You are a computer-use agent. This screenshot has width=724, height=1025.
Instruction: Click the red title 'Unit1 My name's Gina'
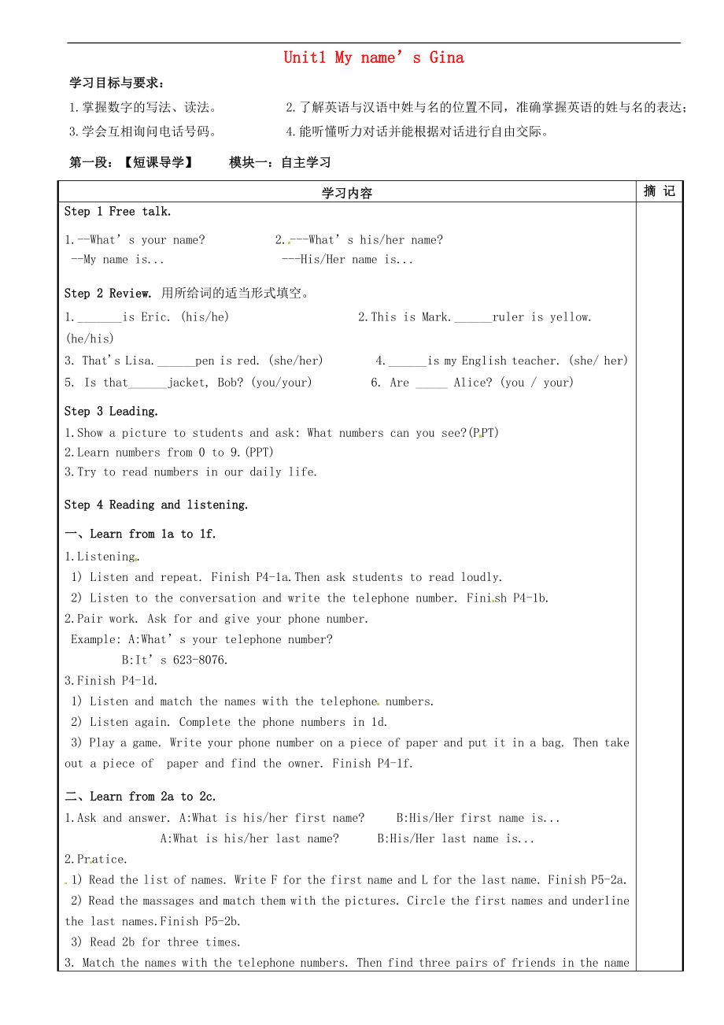[374, 57]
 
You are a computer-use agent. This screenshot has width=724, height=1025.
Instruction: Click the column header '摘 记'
[659, 191]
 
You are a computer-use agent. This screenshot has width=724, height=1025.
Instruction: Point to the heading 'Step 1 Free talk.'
[118, 211]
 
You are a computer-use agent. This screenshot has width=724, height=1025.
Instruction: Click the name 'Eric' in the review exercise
[154, 317]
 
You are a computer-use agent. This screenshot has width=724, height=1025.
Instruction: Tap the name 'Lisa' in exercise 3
[140, 361]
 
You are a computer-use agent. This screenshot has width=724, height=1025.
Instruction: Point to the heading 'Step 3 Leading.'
[111, 411]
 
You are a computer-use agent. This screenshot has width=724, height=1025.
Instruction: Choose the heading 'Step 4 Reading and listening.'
[157, 505]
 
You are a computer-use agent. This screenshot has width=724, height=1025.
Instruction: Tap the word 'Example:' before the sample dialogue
[96, 639]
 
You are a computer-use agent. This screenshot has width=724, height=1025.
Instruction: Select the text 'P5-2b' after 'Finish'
[222, 921]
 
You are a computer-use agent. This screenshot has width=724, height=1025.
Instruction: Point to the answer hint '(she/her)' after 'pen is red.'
[296, 361]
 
